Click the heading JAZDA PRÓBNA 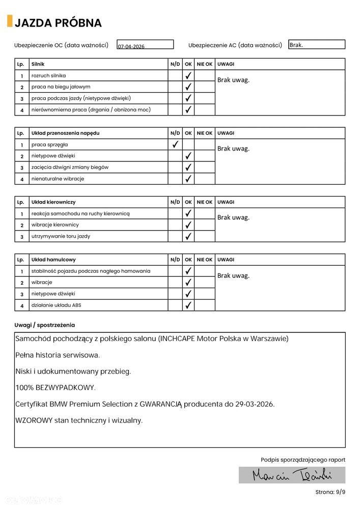[58, 23]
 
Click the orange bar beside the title [10, 21]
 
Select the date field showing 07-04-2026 [145, 45]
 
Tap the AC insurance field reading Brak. [316, 45]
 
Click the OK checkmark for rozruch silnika [188, 75]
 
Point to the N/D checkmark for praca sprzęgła [175, 145]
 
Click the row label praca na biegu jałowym [61, 87]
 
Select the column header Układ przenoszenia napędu [65, 133]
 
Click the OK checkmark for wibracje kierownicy [188, 225]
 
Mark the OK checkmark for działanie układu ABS [188, 305]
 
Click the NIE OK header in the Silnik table [205, 64]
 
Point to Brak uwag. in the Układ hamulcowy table [233, 276]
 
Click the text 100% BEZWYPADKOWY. [55, 388]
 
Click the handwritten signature [292, 475]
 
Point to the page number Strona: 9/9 [329, 493]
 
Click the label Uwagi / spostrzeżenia [44, 325]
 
